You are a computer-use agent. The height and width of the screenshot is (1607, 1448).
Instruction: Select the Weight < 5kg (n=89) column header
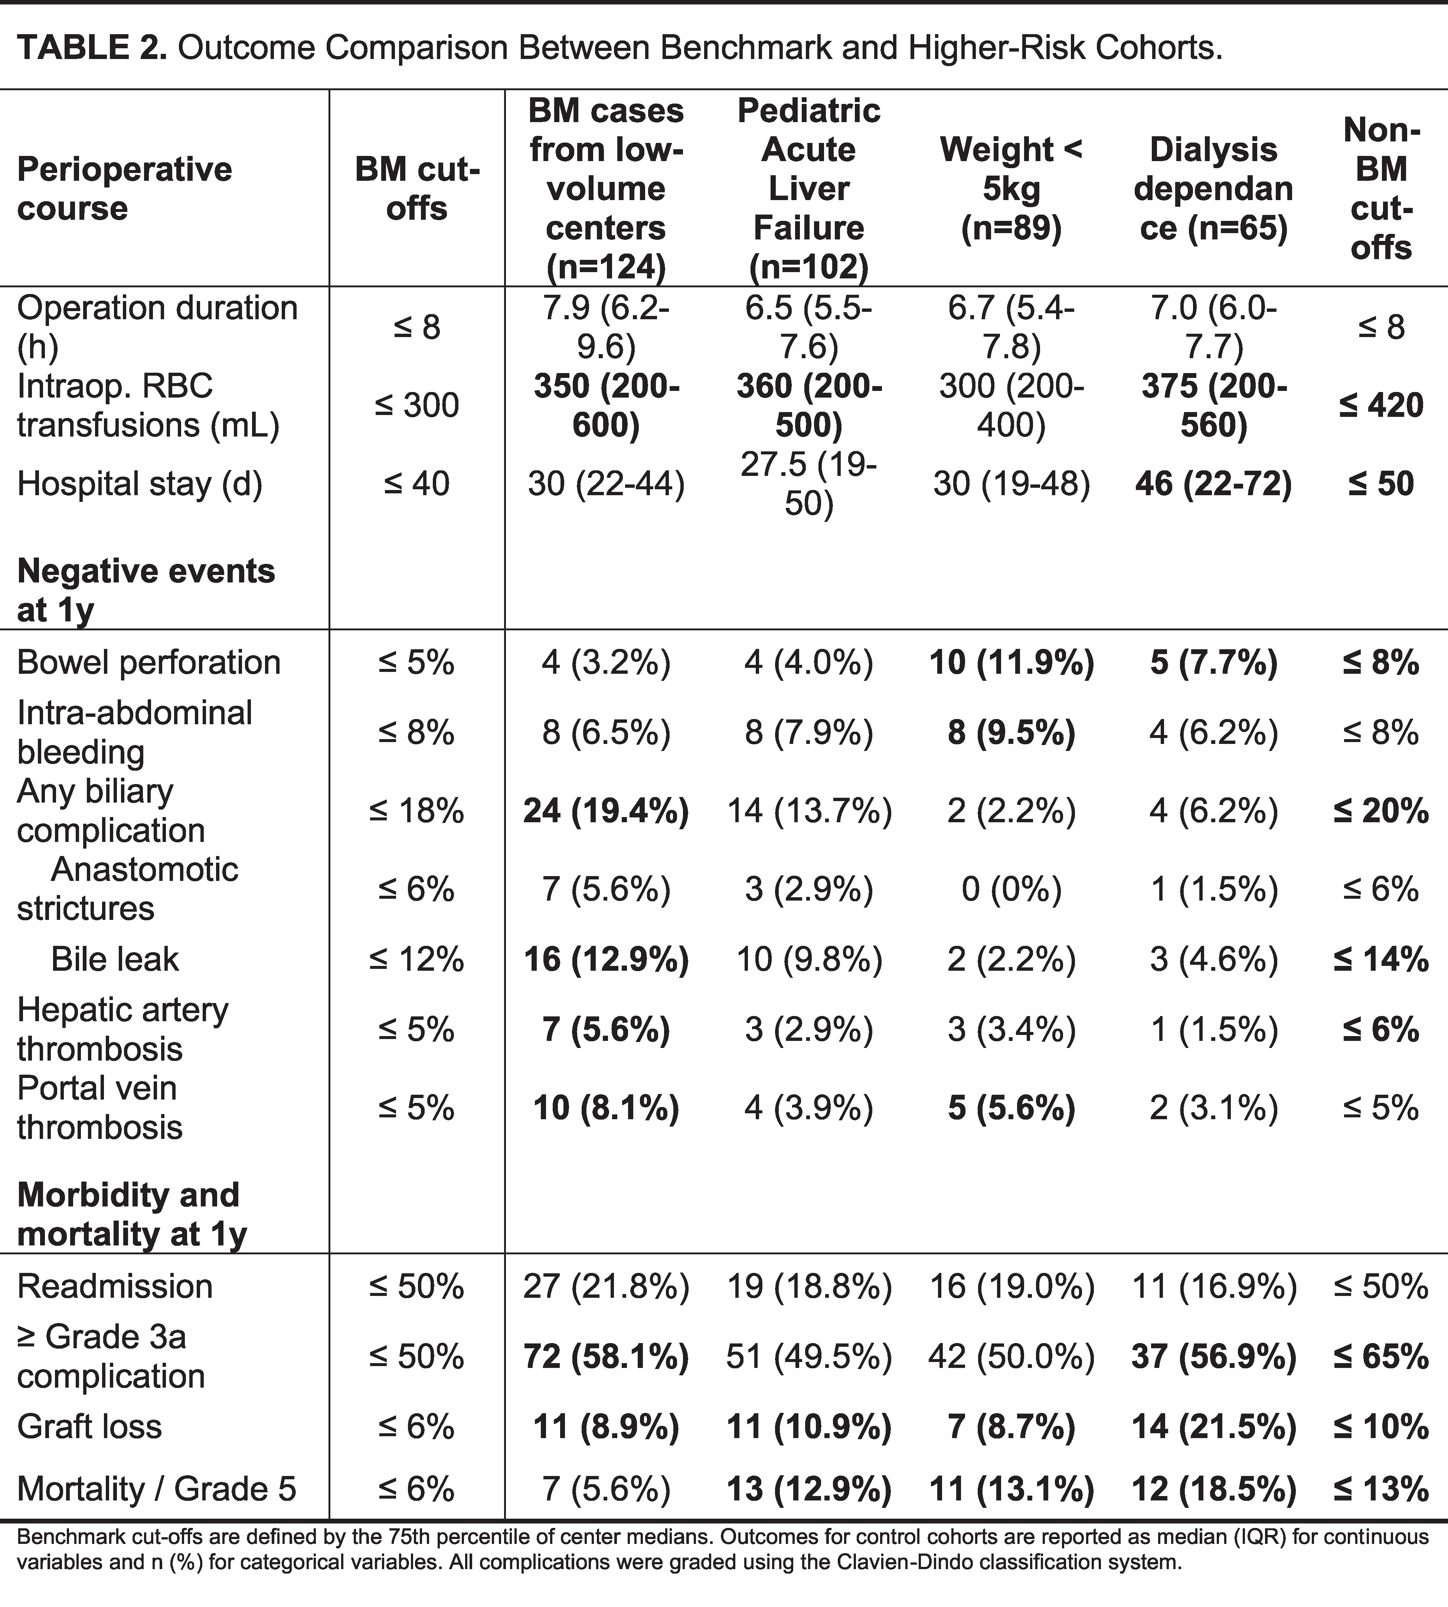[x=1011, y=189]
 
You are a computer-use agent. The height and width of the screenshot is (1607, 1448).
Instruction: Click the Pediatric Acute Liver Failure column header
[x=809, y=189]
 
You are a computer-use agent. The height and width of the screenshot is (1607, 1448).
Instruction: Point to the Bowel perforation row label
[x=149, y=662]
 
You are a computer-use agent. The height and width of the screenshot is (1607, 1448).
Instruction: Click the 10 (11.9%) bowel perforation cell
[x=1011, y=662]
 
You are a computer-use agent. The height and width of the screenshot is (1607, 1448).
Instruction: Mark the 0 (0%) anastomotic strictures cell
[x=1011, y=889]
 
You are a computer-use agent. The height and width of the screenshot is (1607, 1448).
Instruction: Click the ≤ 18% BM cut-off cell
[x=416, y=811]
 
